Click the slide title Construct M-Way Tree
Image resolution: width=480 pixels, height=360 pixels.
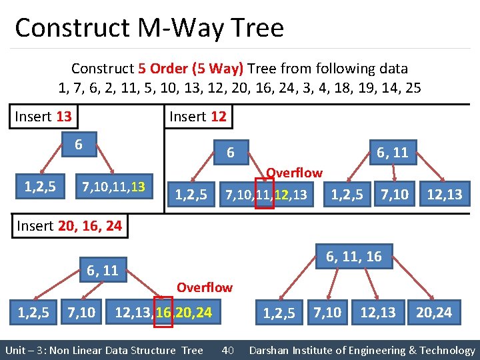tap(149, 28)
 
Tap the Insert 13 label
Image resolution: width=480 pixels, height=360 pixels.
tap(43, 117)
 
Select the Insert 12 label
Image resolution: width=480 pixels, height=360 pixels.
tap(198, 117)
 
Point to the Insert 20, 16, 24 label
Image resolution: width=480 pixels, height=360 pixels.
tap(69, 225)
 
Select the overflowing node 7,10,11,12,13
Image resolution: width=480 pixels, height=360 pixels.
tap(267, 195)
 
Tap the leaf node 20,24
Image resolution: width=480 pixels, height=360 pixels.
tap(433, 311)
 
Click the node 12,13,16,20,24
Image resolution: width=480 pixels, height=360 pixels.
tap(163, 311)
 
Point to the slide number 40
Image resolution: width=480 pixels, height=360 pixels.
tap(227, 350)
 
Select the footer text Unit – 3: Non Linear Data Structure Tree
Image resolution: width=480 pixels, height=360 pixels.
tap(104, 350)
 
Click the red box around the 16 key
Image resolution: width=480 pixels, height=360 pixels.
tap(163, 311)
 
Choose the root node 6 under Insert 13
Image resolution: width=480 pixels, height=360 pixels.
tap(78, 145)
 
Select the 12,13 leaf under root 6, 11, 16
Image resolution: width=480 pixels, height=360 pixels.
tap(378, 311)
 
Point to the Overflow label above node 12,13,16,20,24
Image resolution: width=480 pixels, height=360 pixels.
tap(204, 287)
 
